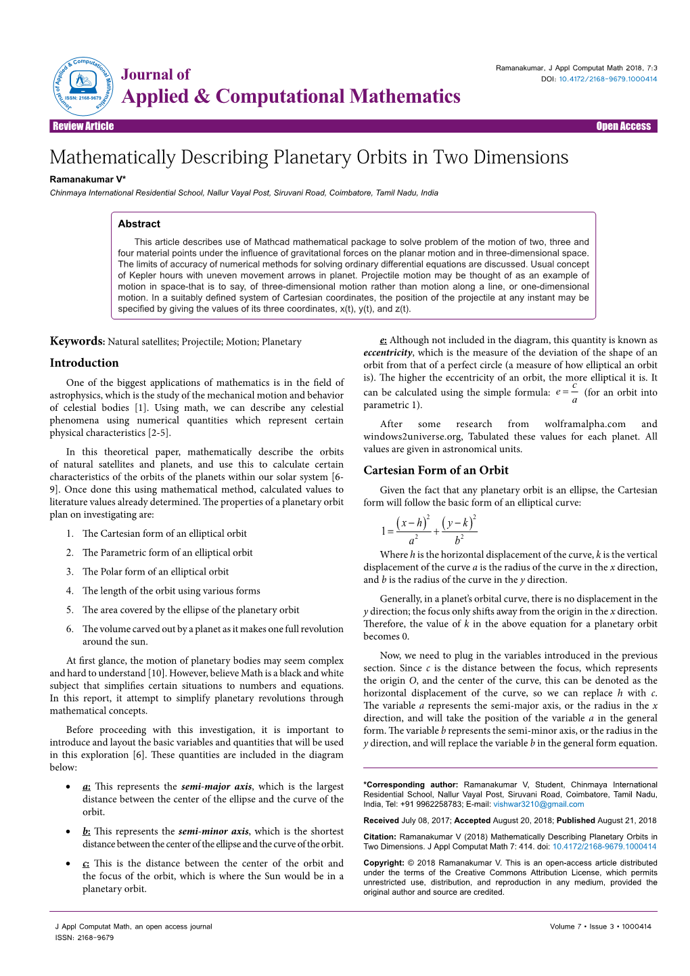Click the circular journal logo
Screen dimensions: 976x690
click(x=83, y=86)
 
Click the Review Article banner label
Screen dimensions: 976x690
click(x=83, y=127)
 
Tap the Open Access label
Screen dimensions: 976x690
click(x=623, y=127)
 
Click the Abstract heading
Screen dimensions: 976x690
click(x=139, y=224)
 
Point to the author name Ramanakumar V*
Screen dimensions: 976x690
click(x=88, y=180)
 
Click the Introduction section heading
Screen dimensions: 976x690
click(x=84, y=363)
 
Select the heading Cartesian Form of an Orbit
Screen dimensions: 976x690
click(x=436, y=470)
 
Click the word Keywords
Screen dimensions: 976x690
click(x=76, y=341)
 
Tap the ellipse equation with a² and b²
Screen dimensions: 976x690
click(x=429, y=530)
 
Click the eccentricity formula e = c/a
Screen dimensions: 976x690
click(x=567, y=393)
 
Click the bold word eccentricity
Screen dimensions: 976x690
click(x=388, y=353)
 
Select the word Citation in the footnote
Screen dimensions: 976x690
click(x=379, y=837)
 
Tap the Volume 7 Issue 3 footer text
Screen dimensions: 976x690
click(x=600, y=927)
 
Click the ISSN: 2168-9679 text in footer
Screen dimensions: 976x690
click(x=85, y=938)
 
